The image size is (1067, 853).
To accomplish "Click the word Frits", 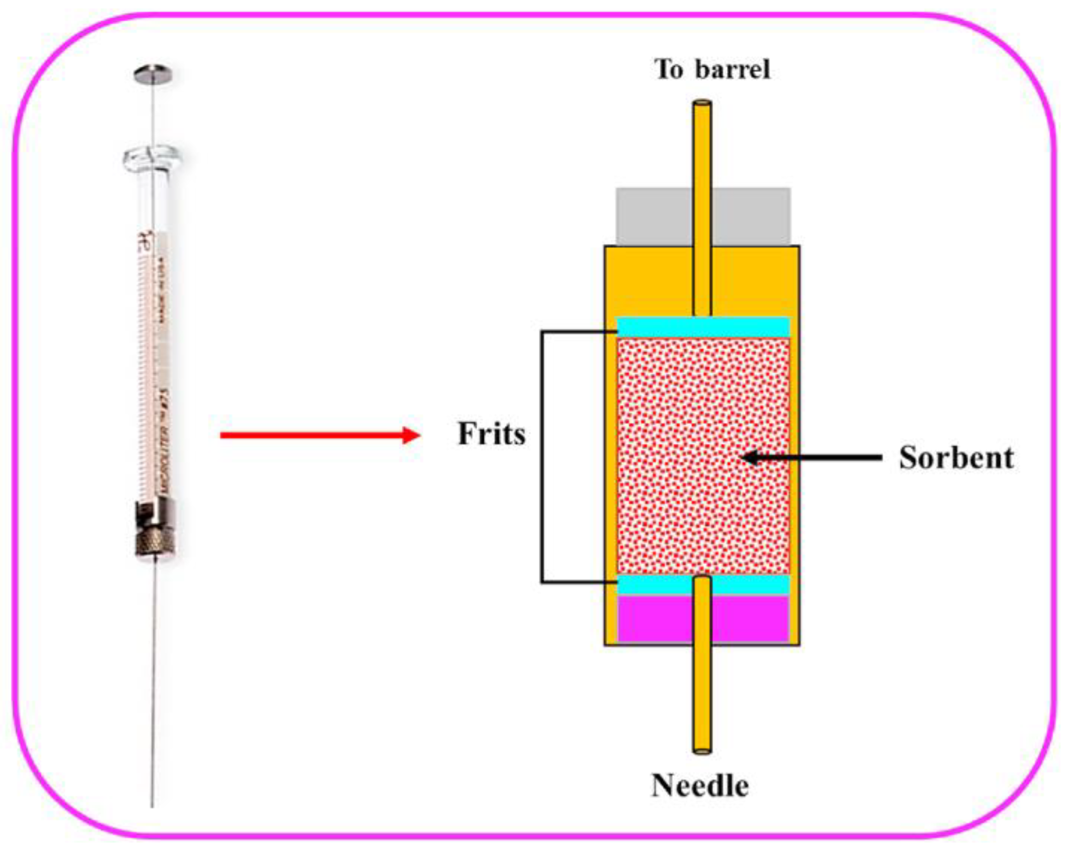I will click(491, 434).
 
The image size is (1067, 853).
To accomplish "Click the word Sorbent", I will click(956, 458).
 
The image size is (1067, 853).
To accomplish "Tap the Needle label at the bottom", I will click(700, 785).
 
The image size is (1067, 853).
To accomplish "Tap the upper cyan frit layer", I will click(703, 327).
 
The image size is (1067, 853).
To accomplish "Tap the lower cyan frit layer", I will click(656, 585).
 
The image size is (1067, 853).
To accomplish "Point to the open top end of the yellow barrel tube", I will click(702, 104).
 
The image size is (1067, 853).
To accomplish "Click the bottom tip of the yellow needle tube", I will click(702, 750).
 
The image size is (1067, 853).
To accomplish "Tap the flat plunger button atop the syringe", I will click(153, 75).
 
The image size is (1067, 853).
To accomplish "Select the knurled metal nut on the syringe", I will click(155, 542).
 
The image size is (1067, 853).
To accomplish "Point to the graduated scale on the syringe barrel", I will click(144, 373).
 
